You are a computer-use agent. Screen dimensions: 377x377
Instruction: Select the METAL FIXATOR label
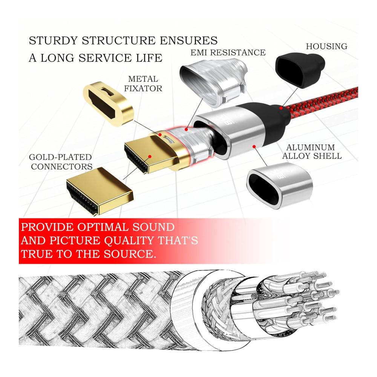click(145, 84)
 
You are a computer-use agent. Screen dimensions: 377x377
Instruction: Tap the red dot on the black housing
click(281, 108)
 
